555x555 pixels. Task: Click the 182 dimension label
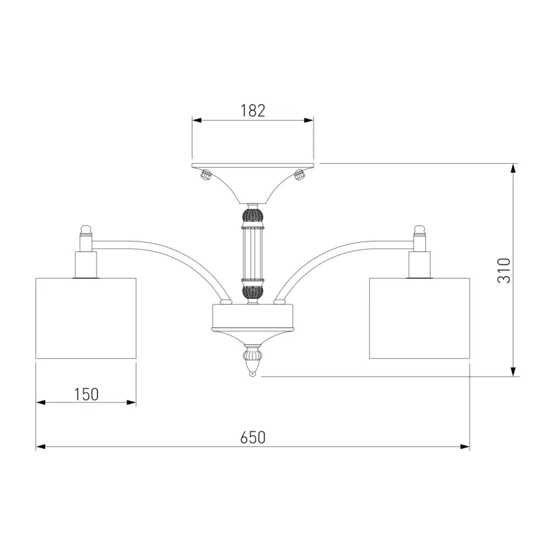tap(253, 111)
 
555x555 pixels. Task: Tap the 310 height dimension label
tap(504, 271)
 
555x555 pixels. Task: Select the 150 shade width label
tap(86, 395)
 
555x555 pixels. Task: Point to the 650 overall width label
tap(253, 438)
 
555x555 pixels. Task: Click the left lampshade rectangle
tap(86, 318)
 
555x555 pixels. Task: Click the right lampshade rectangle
tap(420, 318)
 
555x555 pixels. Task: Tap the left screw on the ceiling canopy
tap(205, 175)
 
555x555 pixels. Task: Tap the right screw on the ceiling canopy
tap(300, 175)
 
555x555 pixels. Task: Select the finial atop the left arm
tap(86, 230)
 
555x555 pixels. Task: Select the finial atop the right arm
tap(420, 230)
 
